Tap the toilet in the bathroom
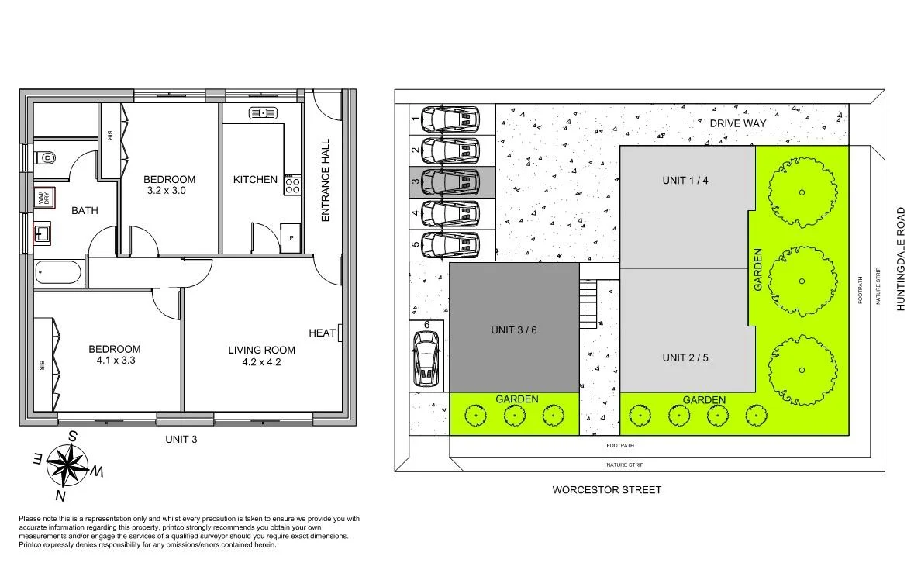[47, 157]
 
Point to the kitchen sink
[263, 113]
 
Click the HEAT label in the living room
[323, 333]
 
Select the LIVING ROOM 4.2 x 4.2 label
[261, 356]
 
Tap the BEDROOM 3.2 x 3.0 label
[170, 185]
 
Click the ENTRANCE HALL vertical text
[326, 181]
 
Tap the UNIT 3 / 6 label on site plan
[513, 330]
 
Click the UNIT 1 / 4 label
[685, 180]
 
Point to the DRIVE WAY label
[738, 123]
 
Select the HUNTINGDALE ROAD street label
[900, 258]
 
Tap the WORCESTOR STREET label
[606, 489]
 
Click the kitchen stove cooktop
[292, 184]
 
